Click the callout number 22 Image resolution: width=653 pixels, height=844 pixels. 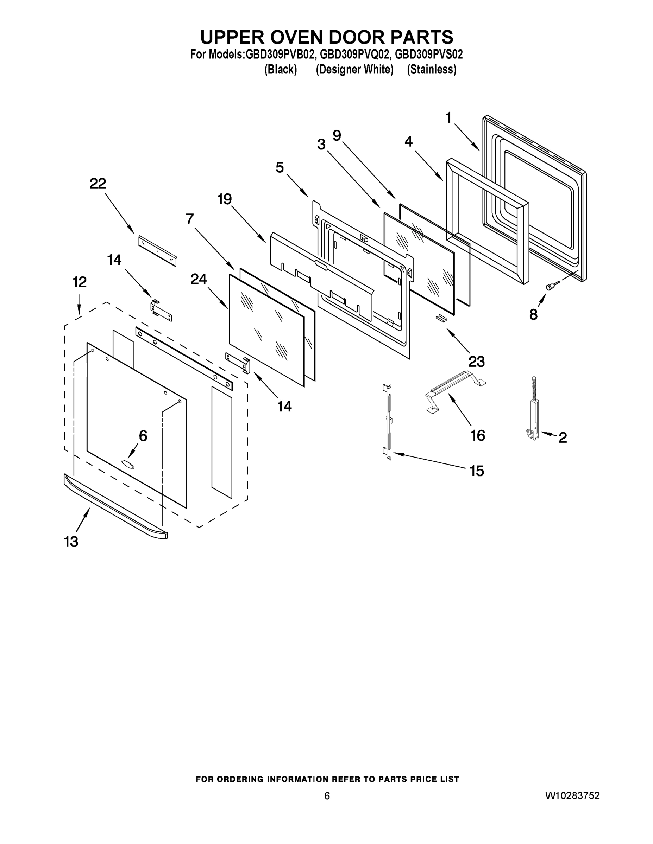click(x=98, y=184)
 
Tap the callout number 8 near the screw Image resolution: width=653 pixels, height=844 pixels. click(x=533, y=315)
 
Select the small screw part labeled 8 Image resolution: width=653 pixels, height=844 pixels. click(x=551, y=286)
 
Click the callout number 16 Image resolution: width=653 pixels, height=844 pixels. click(x=477, y=435)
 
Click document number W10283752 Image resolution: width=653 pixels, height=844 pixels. click(x=572, y=795)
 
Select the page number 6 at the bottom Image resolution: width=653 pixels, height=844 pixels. click(x=327, y=796)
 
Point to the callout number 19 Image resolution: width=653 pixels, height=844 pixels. click(x=224, y=199)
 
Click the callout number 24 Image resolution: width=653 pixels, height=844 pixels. click(x=199, y=279)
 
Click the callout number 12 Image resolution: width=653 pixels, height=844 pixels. click(x=80, y=282)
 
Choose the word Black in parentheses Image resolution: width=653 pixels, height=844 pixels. click(x=281, y=70)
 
